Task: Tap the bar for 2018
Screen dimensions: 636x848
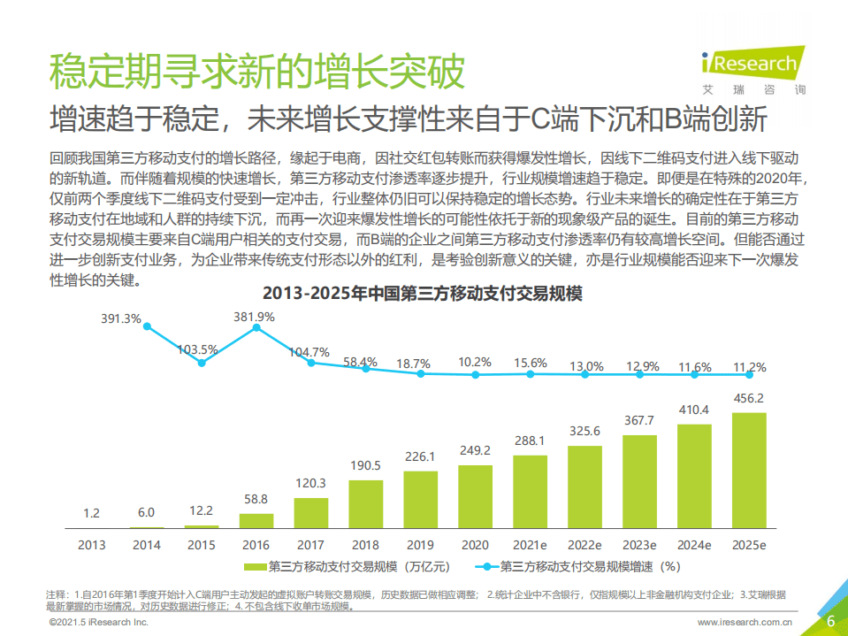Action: click(x=365, y=503)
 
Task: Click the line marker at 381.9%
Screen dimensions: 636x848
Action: click(x=256, y=327)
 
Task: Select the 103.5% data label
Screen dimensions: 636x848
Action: click(x=197, y=349)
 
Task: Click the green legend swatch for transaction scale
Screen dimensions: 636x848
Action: click(x=253, y=566)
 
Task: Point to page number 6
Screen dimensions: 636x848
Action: click(x=830, y=621)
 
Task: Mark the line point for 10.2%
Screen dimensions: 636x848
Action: click(x=475, y=374)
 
